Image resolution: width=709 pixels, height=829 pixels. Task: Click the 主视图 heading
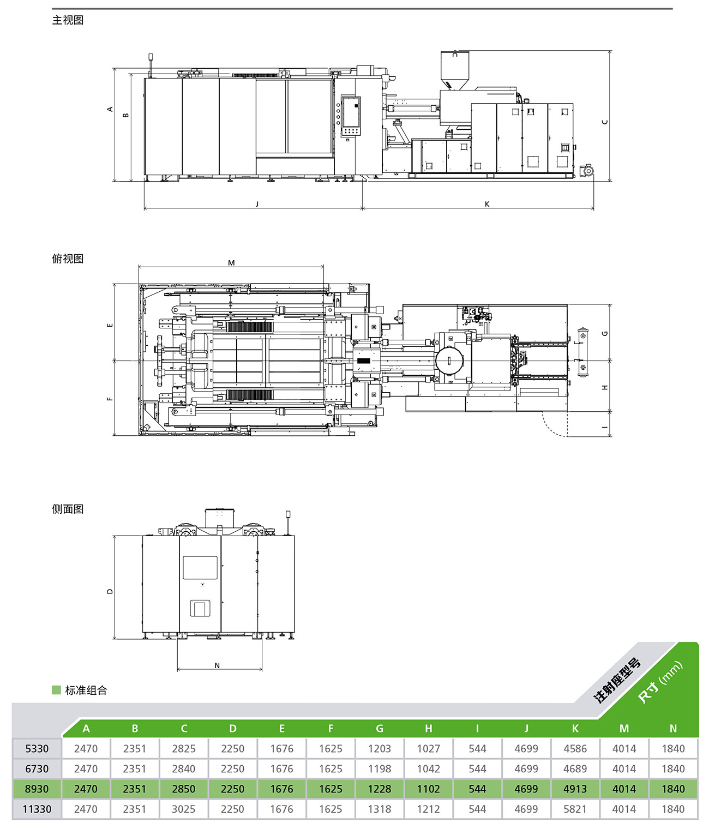(x=68, y=20)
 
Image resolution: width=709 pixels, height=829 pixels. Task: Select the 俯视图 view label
(x=68, y=259)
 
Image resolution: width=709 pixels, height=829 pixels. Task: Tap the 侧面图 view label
(x=68, y=509)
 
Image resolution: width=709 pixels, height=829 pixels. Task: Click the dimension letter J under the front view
(x=257, y=204)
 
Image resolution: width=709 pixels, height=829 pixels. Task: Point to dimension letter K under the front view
(x=487, y=204)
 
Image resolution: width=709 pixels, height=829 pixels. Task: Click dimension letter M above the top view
(x=231, y=263)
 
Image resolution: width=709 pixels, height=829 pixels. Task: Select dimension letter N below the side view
(x=217, y=665)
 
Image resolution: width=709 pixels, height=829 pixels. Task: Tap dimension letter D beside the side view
(x=110, y=591)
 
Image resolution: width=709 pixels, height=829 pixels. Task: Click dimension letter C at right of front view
(x=605, y=122)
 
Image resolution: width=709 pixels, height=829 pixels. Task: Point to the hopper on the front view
(x=455, y=70)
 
